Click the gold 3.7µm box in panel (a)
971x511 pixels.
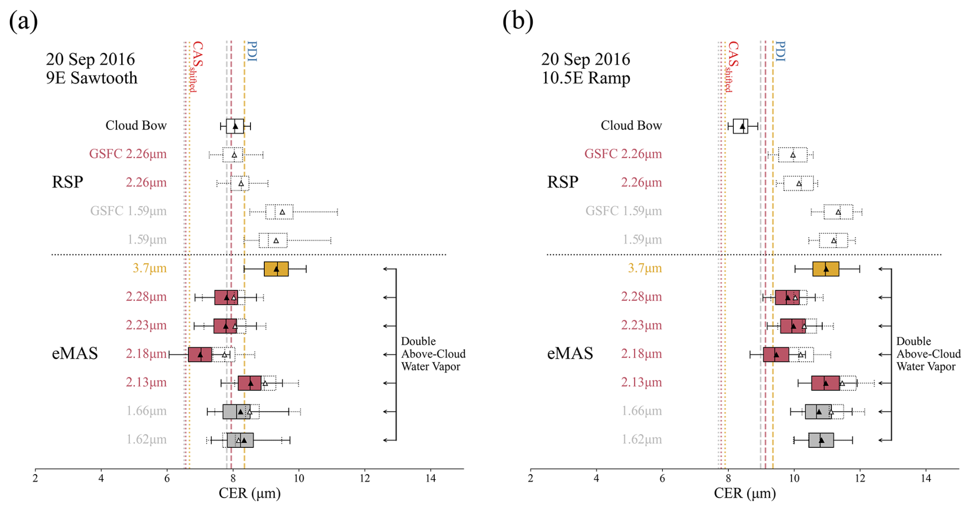[276, 269]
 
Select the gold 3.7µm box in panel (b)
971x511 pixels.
[825, 269]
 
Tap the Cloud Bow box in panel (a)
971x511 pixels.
[235, 126]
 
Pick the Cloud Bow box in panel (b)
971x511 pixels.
[740, 126]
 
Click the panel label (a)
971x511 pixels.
[24, 22]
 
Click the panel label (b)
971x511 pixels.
[518, 22]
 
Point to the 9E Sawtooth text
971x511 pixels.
[92, 78]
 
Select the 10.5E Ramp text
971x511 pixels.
[586, 78]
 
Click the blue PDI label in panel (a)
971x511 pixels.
[251, 52]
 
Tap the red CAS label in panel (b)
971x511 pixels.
[733, 54]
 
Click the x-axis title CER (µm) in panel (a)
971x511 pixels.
[249, 494]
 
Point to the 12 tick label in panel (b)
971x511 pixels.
[860, 479]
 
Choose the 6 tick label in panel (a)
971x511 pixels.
[167, 479]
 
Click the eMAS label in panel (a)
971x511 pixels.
[75, 353]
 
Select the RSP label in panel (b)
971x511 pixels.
[562, 182]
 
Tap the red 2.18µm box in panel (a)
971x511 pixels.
[200, 355]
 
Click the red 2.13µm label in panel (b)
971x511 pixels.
[641, 382]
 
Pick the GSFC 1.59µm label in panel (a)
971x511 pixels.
[128, 211]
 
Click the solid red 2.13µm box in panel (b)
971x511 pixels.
[825, 383]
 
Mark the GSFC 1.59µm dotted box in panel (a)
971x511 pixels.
[279, 212]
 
